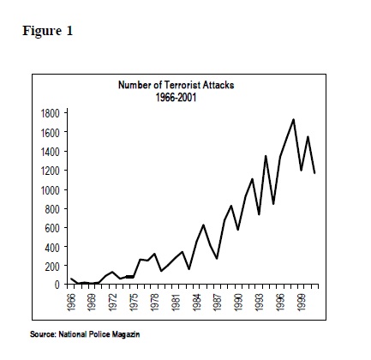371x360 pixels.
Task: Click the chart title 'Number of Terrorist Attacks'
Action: pos(177,85)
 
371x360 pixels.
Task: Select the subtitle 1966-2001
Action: pos(176,98)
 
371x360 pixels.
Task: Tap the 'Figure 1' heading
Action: pos(48,31)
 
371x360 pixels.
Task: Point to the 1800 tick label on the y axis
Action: pos(51,113)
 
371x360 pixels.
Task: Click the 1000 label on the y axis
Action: pos(51,190)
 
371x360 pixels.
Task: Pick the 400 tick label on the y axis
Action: pos(52,247)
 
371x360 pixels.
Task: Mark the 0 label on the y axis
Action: pos(57,285)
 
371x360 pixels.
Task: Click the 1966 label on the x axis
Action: pos(71,302)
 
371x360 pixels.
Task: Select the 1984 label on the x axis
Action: pos(197,302)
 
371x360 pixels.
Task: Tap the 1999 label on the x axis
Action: pos(301,302)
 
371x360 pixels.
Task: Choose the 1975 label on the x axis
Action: pos(134,302)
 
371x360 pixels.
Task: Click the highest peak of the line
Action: pos(293,120)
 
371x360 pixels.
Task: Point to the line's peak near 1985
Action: pos(203,225)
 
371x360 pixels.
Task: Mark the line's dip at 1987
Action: pos(217,258)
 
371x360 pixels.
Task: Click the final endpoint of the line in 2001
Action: pos(314,173)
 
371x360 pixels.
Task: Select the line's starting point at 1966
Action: pos(71,279)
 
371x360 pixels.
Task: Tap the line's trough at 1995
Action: pos(273,204)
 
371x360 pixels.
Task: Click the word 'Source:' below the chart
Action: pos(43,334)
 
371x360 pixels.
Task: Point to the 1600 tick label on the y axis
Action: pos(51,133)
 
